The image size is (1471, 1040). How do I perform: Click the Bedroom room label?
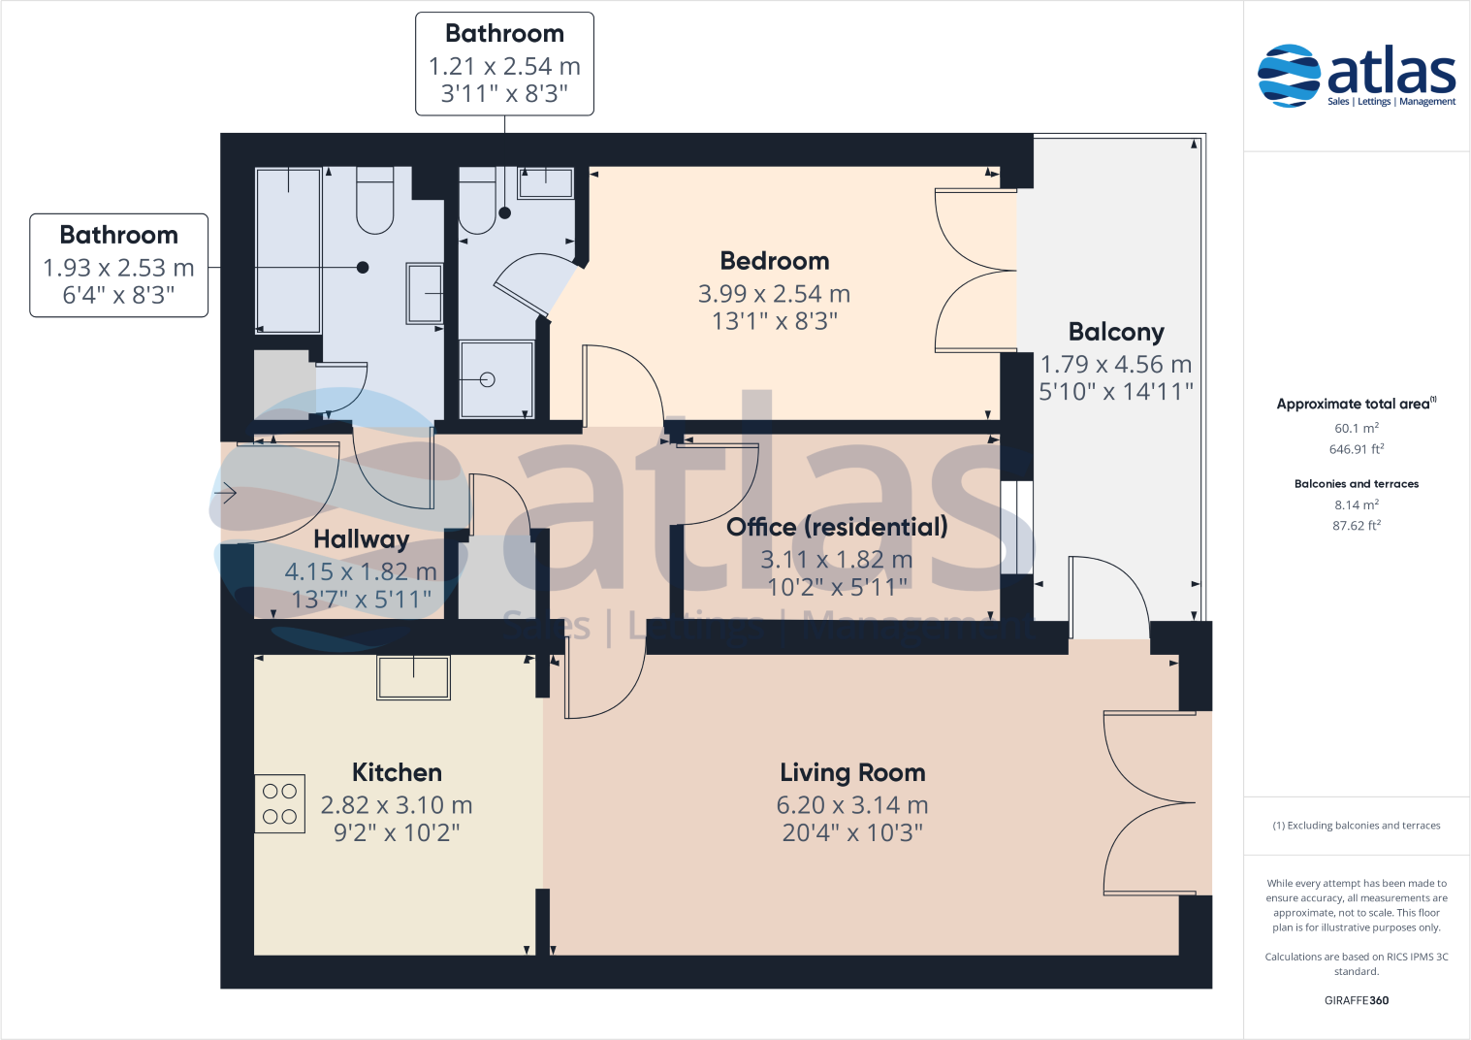click(774, 261)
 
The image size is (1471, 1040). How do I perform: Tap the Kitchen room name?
click(397, 772)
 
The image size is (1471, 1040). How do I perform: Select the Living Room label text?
click(852, 772)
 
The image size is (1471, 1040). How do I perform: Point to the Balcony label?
click(1115, 332)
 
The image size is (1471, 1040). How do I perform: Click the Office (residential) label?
click(837, 527)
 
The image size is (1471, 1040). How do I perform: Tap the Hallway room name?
click(361, 539)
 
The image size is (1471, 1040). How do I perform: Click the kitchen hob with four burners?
click(279, 803)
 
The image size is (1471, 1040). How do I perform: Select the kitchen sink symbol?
click(413, 676)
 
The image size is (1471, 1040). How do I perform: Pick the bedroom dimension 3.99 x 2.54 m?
click(774, 294)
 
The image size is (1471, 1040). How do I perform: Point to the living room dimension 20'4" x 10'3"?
click(852, 832)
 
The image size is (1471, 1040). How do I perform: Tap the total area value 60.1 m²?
click(1356, 428)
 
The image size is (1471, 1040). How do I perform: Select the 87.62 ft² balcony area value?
click(1356, 526)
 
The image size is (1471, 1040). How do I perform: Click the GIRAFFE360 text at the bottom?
click(1356, 1000)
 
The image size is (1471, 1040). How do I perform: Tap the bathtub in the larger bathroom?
click(288, 250)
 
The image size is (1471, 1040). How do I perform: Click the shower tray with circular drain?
click(496, 379)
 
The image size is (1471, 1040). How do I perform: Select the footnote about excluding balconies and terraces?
click(1356, 826)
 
